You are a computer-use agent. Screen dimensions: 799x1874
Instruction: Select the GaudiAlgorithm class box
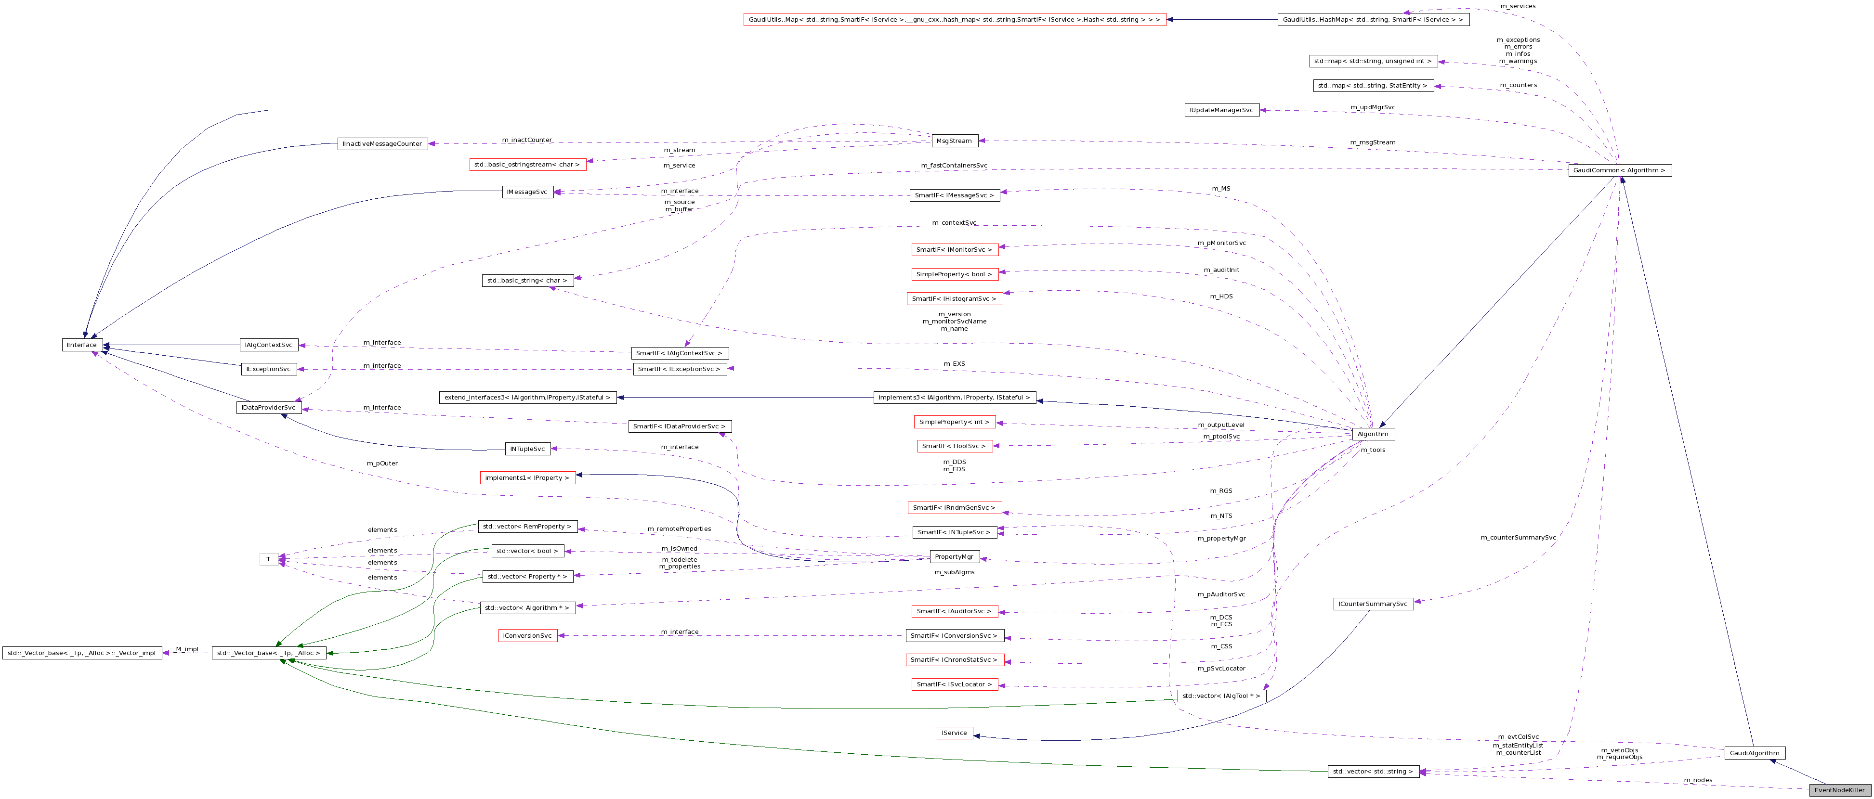[x=1754, y=753]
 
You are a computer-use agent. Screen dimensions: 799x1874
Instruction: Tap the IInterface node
[x=81, y=345]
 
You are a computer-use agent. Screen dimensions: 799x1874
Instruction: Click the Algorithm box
[x=1373, y=434]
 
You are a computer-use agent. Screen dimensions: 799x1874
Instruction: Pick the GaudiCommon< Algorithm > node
[x=1619, y=170]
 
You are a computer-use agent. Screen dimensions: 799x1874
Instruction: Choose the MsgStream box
[x=954, y=141]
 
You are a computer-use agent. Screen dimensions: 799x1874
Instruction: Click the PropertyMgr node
[x=954, y=557]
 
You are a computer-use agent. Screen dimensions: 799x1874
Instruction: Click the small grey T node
[x=268, y=559]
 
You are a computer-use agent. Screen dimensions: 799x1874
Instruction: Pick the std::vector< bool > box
[x=527, y=551]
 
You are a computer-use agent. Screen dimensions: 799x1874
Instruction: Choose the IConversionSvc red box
[x=528, y=635]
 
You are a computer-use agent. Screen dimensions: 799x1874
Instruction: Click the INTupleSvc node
[x=527, y=449]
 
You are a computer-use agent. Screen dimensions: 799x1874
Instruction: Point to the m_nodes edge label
[x=1698, y=780]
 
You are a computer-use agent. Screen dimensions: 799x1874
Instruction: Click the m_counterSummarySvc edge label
[x=1518, y=538]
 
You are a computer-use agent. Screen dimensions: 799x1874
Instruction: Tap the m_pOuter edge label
[x=382, y=463]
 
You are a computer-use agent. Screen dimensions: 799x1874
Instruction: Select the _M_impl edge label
[x=186, y=649]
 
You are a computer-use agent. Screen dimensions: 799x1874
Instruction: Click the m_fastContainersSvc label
[x=954, y=166]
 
